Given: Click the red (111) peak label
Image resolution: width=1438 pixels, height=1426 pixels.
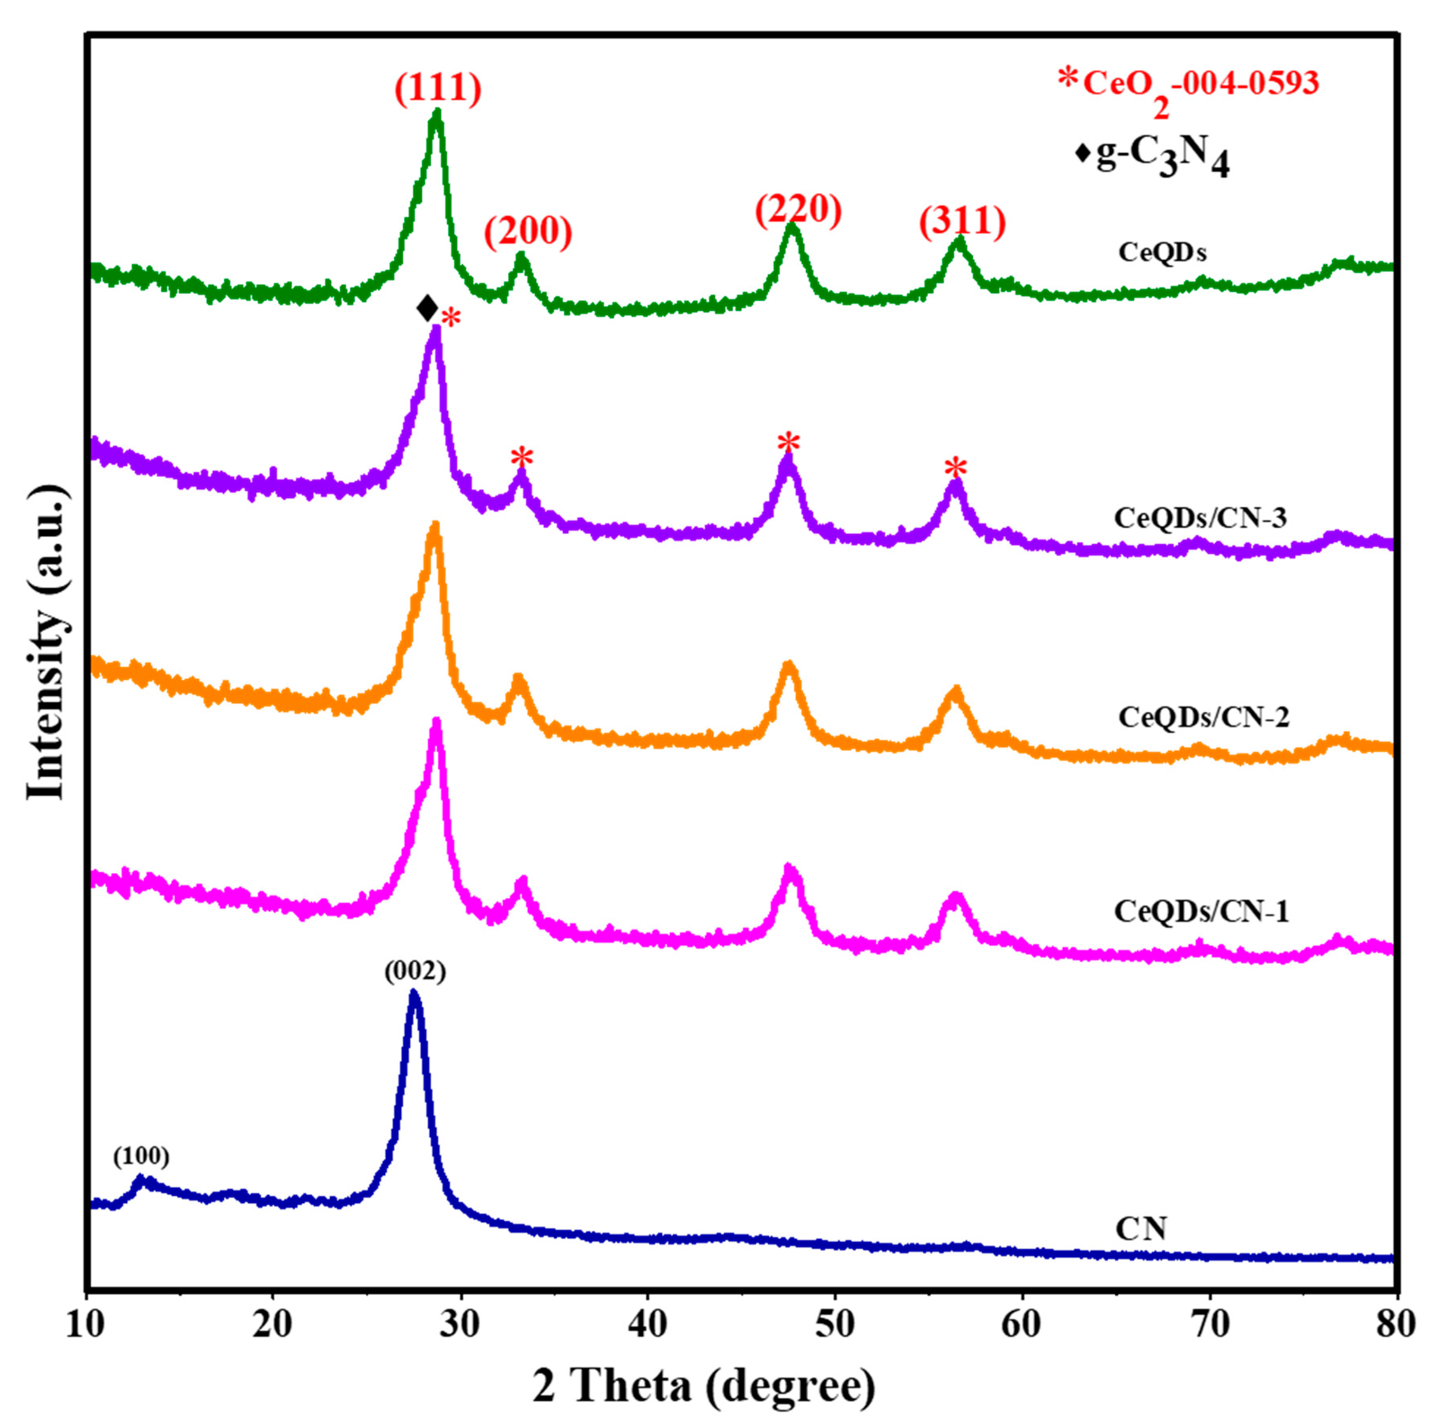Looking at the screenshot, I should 438,88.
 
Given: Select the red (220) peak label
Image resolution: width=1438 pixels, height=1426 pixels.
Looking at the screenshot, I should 798,211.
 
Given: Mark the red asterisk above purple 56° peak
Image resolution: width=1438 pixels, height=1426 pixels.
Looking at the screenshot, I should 956,469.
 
